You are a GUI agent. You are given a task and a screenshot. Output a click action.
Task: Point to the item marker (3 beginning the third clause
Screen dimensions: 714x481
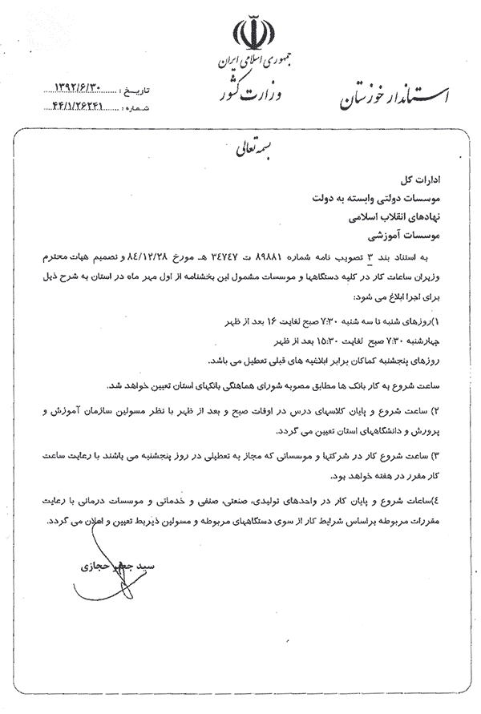(x=437, y=455)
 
